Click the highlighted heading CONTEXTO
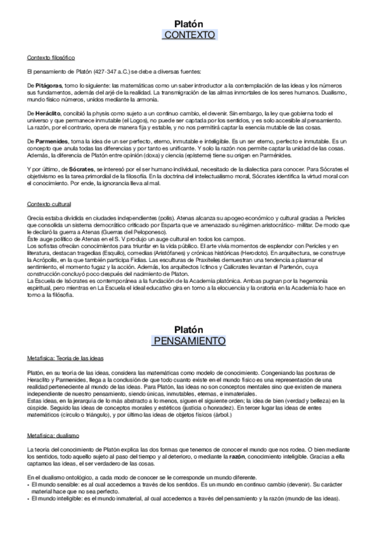click(x=188, y=34)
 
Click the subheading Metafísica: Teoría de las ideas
click(x=65, y=358)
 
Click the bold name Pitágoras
click(x=50, y=84)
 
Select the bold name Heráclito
click(x=50, y=111)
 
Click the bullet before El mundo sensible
click(x=29, y=486)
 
